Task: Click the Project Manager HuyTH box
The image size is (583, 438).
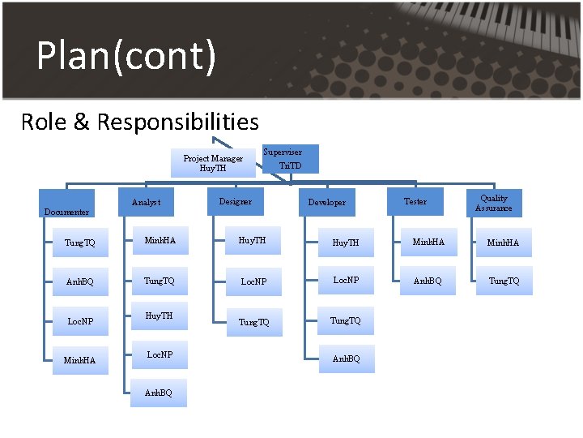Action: tap(213, 163)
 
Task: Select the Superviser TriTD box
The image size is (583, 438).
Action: tap(291, 159)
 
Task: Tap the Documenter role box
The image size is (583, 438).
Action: tap(67, 204)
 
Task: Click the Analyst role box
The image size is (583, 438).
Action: tap(146, 202)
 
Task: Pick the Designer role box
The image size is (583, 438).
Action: tap(236, 201)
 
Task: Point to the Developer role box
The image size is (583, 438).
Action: tap(327, 202)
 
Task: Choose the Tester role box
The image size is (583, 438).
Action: tap(415, 201)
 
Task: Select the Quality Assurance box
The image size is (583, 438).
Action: tap(494, 203)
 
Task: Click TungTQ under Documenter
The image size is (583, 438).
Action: tap(80, 243)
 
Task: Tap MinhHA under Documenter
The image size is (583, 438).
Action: tap(80, 360)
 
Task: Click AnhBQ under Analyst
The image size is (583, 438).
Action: tap(159, 393)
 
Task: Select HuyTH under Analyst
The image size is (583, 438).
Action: tap(160, 316)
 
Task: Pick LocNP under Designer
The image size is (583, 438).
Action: tap(253, 281)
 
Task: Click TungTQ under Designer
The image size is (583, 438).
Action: tap(254, 322)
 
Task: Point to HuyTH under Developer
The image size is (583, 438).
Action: tap(346, 243)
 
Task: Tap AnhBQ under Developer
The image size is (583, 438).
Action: tap(347, 359)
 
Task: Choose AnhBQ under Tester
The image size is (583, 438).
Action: tap(428, 281)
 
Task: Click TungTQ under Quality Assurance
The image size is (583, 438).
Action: tap(504, 281)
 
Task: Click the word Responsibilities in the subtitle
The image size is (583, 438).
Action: tap(177, 122)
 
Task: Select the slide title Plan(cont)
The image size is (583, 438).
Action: tap(126, 56)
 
